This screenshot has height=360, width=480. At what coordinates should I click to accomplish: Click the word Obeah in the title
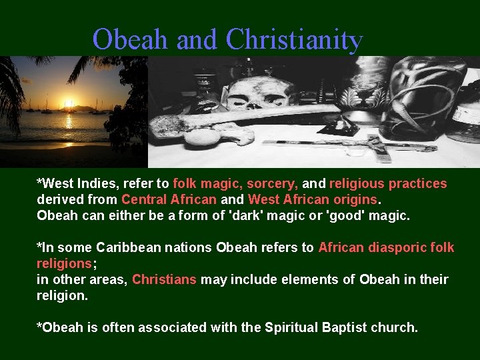pyautogui.click(x=131, y=40)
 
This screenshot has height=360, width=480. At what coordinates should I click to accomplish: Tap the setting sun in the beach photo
pyautogui.click(x=67, y=105)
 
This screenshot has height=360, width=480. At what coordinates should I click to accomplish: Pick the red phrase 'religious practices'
pyautogui.click(x=388, y=183)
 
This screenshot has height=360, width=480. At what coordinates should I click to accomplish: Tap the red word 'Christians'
pyautogui.click(x=164, y=279)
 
